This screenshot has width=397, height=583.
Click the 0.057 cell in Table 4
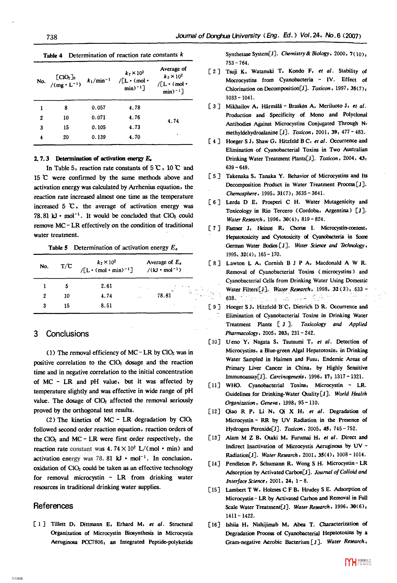[x=98, y=108]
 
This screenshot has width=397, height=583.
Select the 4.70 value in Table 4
[x=135, y=137]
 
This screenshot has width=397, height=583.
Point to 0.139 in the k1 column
[x=98, y=137]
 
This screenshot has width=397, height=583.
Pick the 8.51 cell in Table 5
[x=106, y=306]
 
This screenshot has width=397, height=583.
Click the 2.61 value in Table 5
[x=106, y=286]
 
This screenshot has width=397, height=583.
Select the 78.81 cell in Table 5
[x=164, y=296]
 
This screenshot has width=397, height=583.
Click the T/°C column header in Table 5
[x=66, y=266]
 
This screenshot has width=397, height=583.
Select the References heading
[x=53, y=506]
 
